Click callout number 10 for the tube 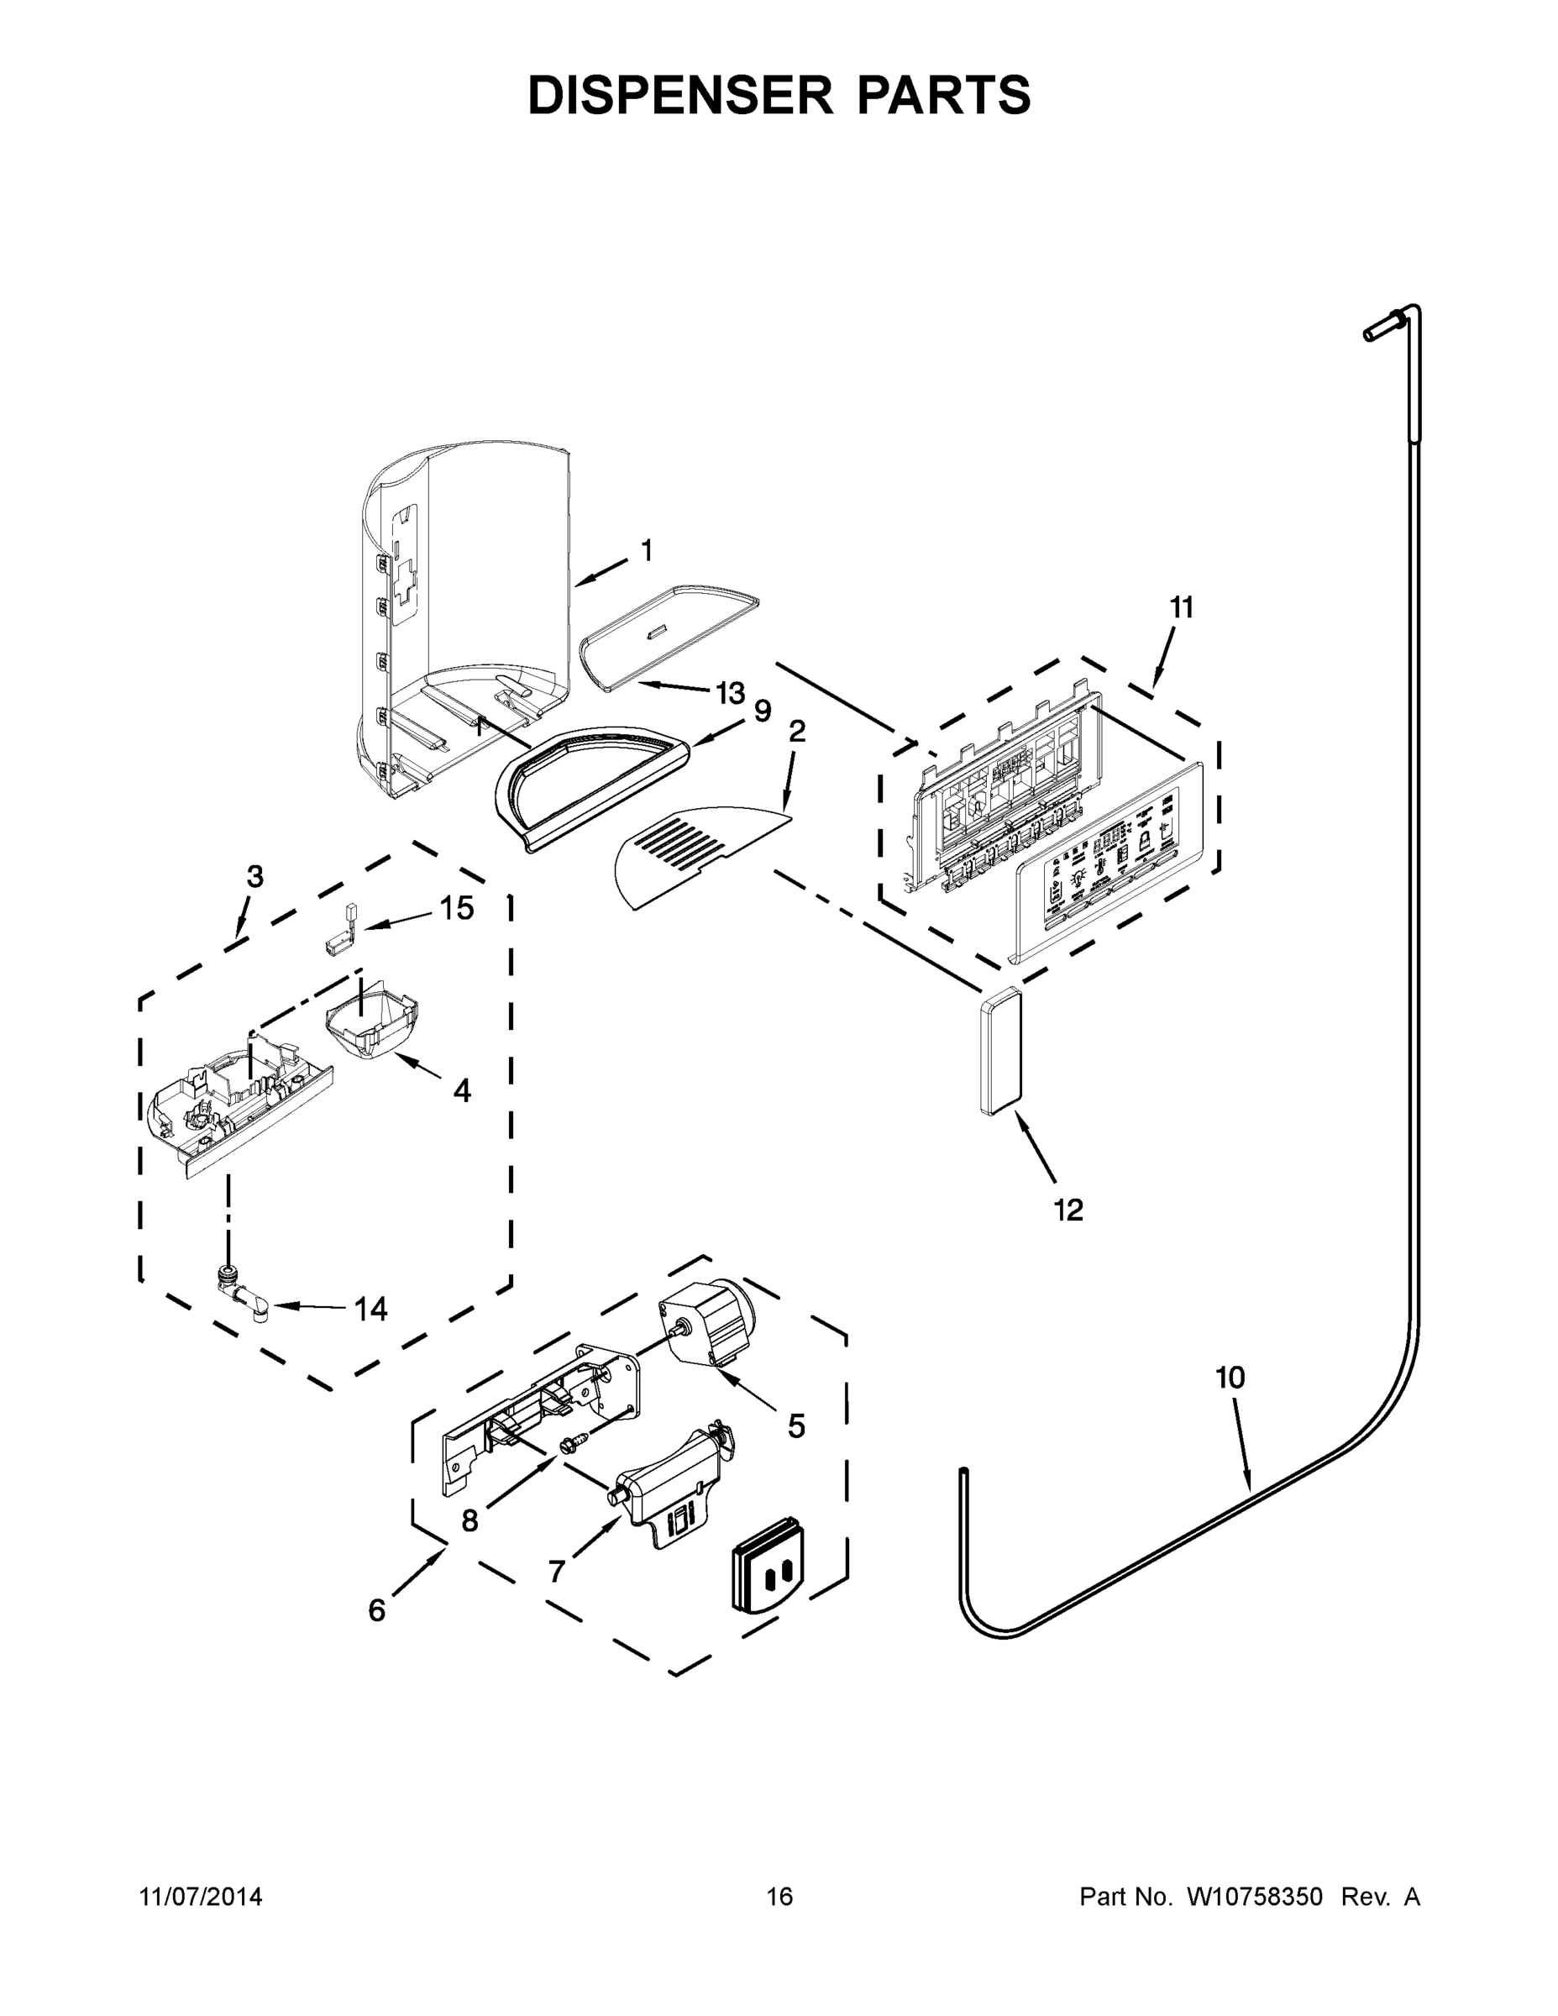click(1230, 1378)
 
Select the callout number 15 click(456, 908)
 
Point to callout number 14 click(371, 1309)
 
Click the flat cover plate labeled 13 click(666, 635)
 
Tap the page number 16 click(779, 1897)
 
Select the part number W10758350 click(1253, 1897)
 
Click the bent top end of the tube click(1393, 323)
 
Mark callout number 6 click(376, 1611)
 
